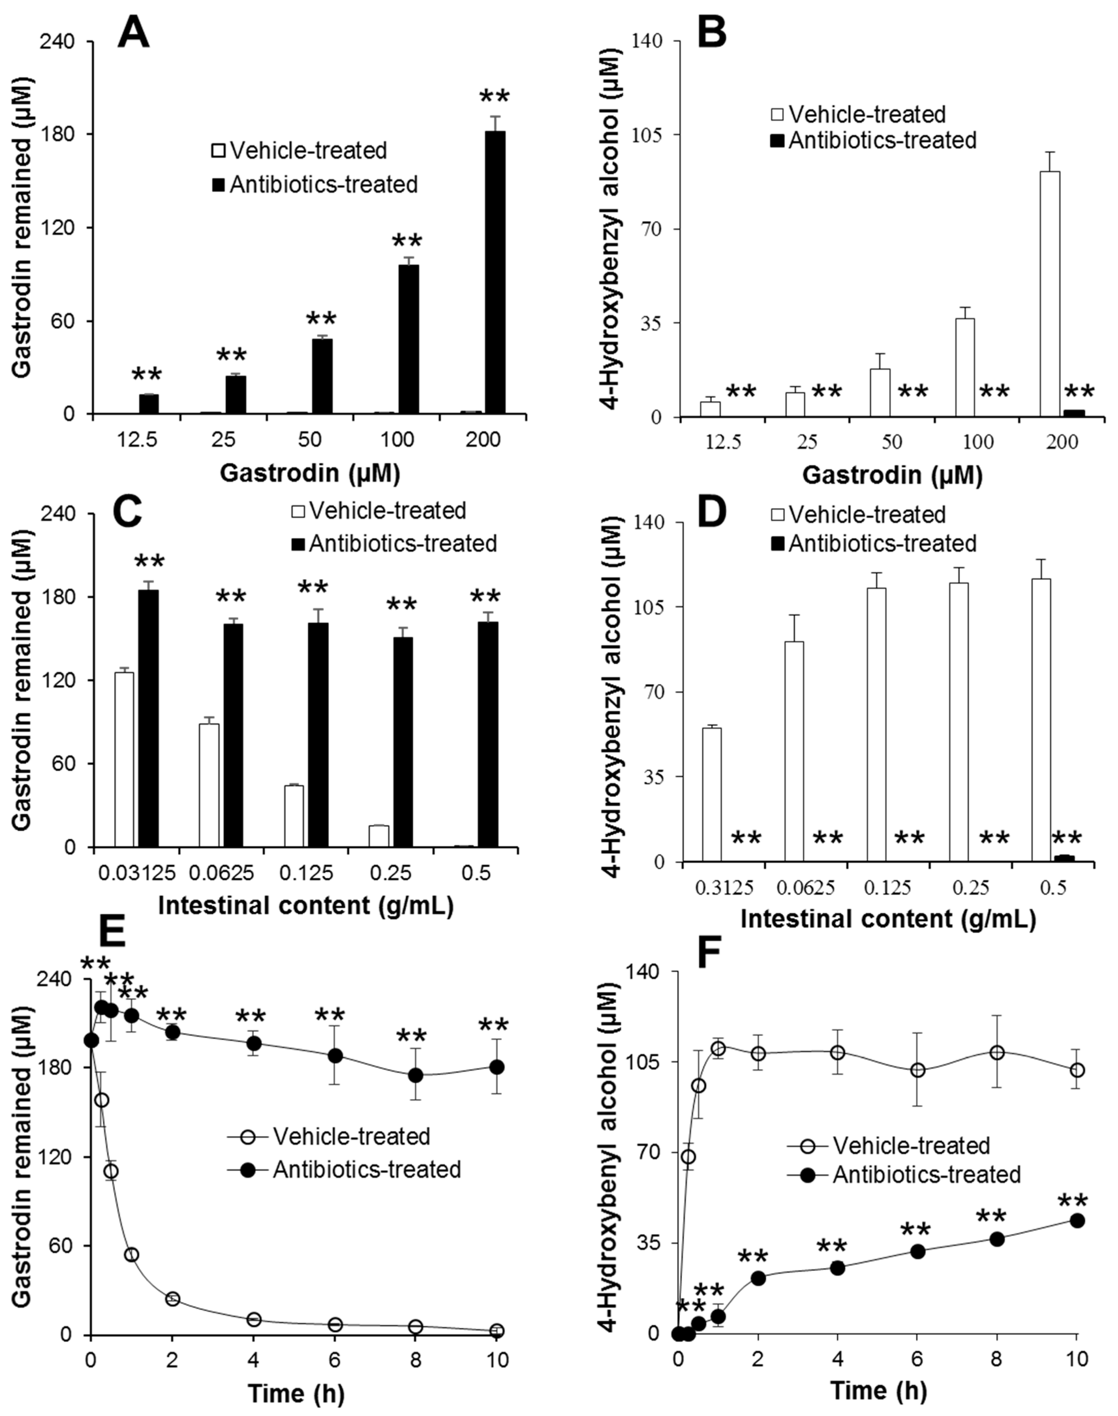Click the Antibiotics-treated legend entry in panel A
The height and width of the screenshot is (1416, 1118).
click(x=314, y=184)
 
